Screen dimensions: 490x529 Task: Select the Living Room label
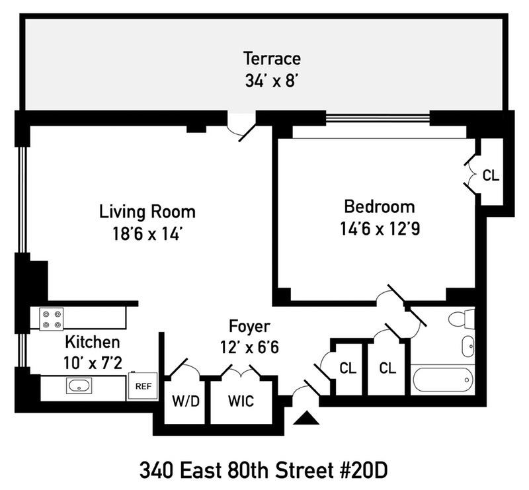coord(147,212)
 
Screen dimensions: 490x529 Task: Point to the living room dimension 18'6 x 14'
coord(147,234)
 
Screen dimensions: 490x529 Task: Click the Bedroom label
coord(379,206)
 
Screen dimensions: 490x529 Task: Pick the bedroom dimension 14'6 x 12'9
coord(379,228)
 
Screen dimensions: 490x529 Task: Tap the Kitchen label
coord(93,342)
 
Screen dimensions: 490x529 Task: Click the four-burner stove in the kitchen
coord(52,319)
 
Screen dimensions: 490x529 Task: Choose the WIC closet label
coord(241,401)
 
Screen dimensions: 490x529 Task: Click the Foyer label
coord(250,326)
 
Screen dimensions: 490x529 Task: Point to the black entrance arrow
coord(305,418)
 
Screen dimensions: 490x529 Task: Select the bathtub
coord(442,379)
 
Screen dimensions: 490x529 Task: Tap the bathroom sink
coord(468,345)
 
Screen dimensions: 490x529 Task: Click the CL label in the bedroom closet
coord(491,176)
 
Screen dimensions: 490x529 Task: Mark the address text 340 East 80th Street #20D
coord(263,471)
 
